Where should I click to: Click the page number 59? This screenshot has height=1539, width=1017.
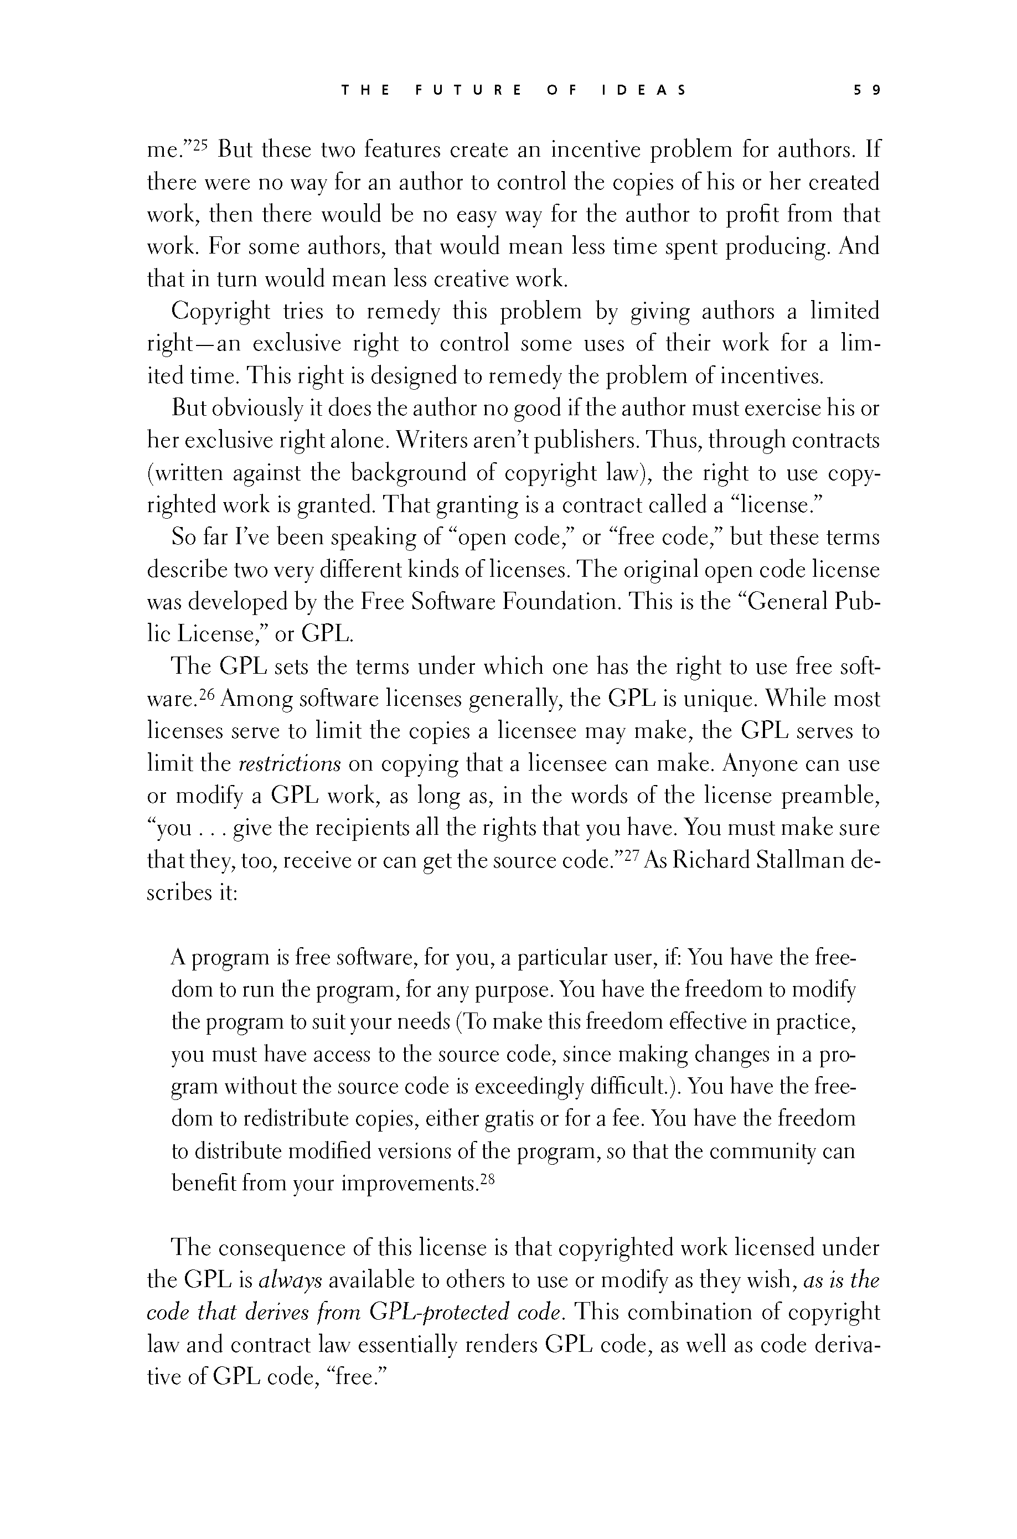pyautogui.click(x=867, y=90)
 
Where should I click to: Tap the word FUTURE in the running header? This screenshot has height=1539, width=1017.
pyautogui.click(x=468, y=90)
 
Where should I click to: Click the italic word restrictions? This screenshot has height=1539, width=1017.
pyautogui.click(x=290, y=764)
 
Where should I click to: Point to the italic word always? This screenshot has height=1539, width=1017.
pyautogui.click(x=290, y=1281)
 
